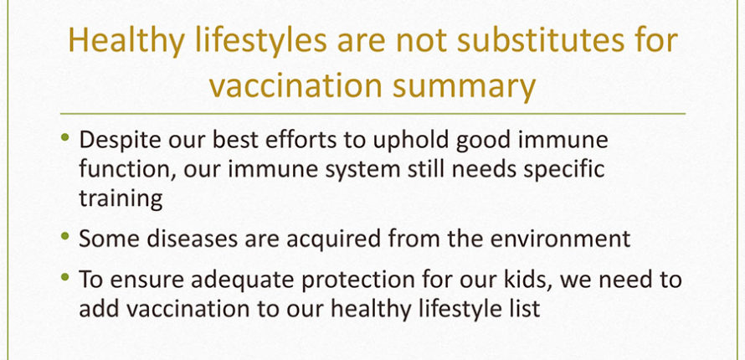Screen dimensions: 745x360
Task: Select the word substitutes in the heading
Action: point(541,40)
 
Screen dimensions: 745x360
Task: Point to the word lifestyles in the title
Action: point(261,41)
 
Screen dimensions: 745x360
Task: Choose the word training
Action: point(121,199)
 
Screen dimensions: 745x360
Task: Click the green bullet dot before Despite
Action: point(65,138)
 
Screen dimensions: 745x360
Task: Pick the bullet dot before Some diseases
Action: point(65,235)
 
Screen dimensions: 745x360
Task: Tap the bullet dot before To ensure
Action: point(65,276)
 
